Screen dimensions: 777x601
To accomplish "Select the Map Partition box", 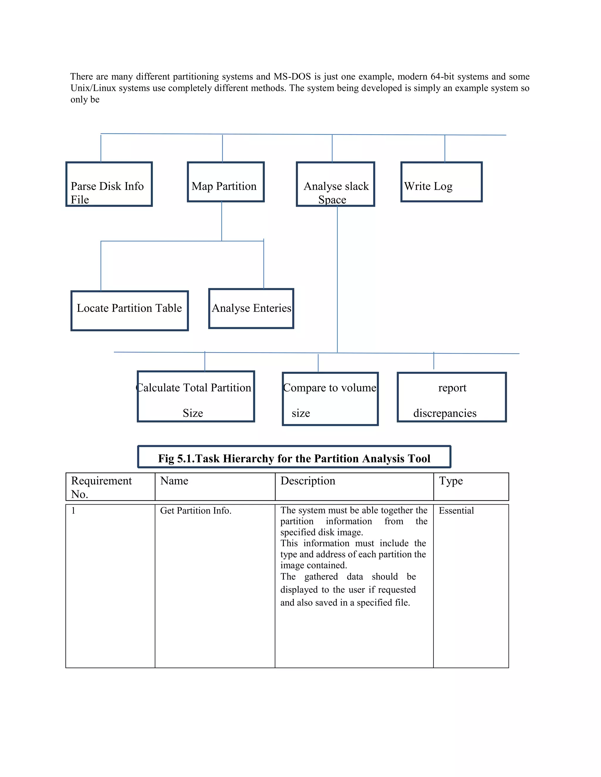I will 226,182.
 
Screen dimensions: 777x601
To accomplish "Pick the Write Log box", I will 441,182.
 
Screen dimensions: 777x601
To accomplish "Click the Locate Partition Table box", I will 130,311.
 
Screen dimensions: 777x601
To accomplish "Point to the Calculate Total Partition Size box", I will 196,396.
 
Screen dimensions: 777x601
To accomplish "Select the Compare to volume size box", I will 330,399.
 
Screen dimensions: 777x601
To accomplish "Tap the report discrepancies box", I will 451,397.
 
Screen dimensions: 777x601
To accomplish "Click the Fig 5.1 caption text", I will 294,458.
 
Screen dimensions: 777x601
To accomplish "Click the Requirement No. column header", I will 102,486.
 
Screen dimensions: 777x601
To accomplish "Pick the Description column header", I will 308,481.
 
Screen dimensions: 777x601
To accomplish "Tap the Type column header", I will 451,481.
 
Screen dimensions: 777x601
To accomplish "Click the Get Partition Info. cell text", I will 195,510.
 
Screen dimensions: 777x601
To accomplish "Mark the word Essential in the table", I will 456,510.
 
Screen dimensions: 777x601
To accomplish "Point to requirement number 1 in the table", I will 73,510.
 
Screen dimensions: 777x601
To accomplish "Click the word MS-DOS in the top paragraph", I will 292,77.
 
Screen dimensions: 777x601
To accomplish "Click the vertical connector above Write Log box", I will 445,149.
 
